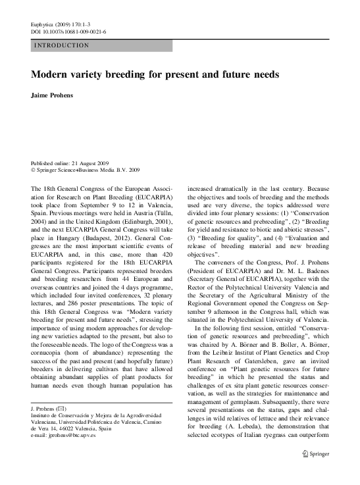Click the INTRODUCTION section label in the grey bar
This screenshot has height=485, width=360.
62,46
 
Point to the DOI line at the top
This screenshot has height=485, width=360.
68,31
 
